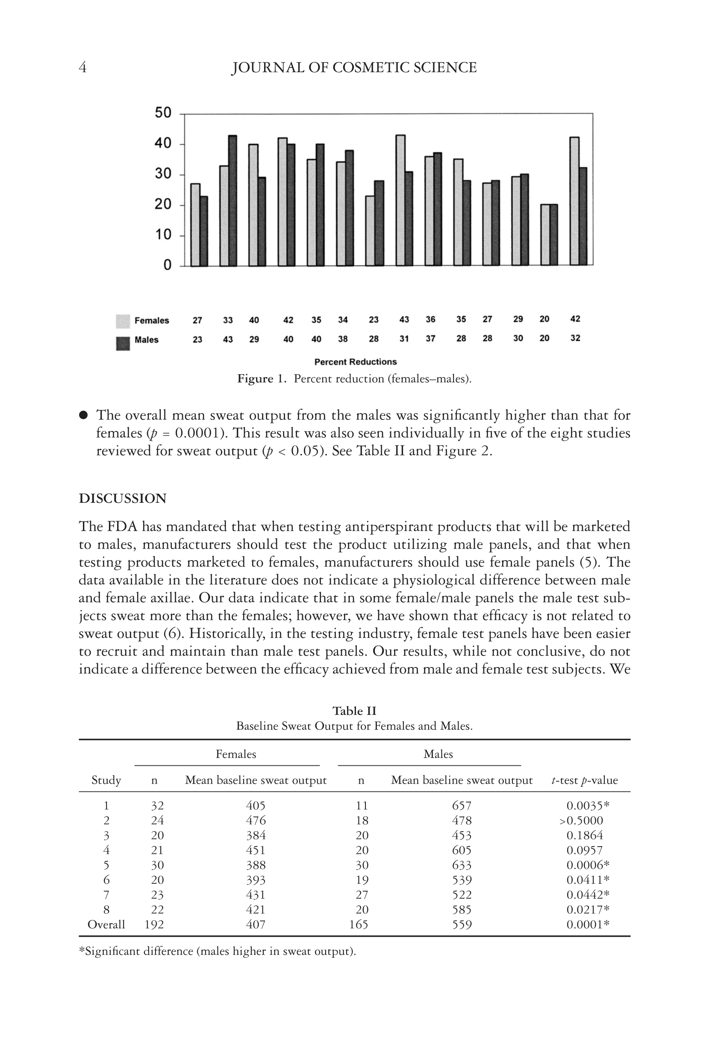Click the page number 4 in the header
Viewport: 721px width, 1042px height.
(x=82, y=68)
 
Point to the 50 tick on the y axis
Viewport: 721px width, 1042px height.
(x=163, y=112)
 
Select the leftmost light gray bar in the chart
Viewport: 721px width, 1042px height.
(x=195, y=224)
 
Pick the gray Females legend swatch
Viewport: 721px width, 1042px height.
(x=123, y=321)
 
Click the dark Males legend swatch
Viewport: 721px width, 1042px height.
(x=123, y=343)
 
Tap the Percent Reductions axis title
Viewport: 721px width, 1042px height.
(x=355, y=362)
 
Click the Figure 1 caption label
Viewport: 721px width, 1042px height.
(x=262, y=379)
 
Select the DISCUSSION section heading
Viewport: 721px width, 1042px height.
(x=122, y=499)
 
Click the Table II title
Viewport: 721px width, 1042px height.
(x=354, y=711)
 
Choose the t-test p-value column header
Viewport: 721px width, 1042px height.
(x=584, y=780)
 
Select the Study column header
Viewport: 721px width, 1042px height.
(x=106, y=780)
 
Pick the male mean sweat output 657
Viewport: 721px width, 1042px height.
(x=462, y=806)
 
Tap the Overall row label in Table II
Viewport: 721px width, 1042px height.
(x=106, y=924)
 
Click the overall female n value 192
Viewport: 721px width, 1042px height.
(x=154, y=924)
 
